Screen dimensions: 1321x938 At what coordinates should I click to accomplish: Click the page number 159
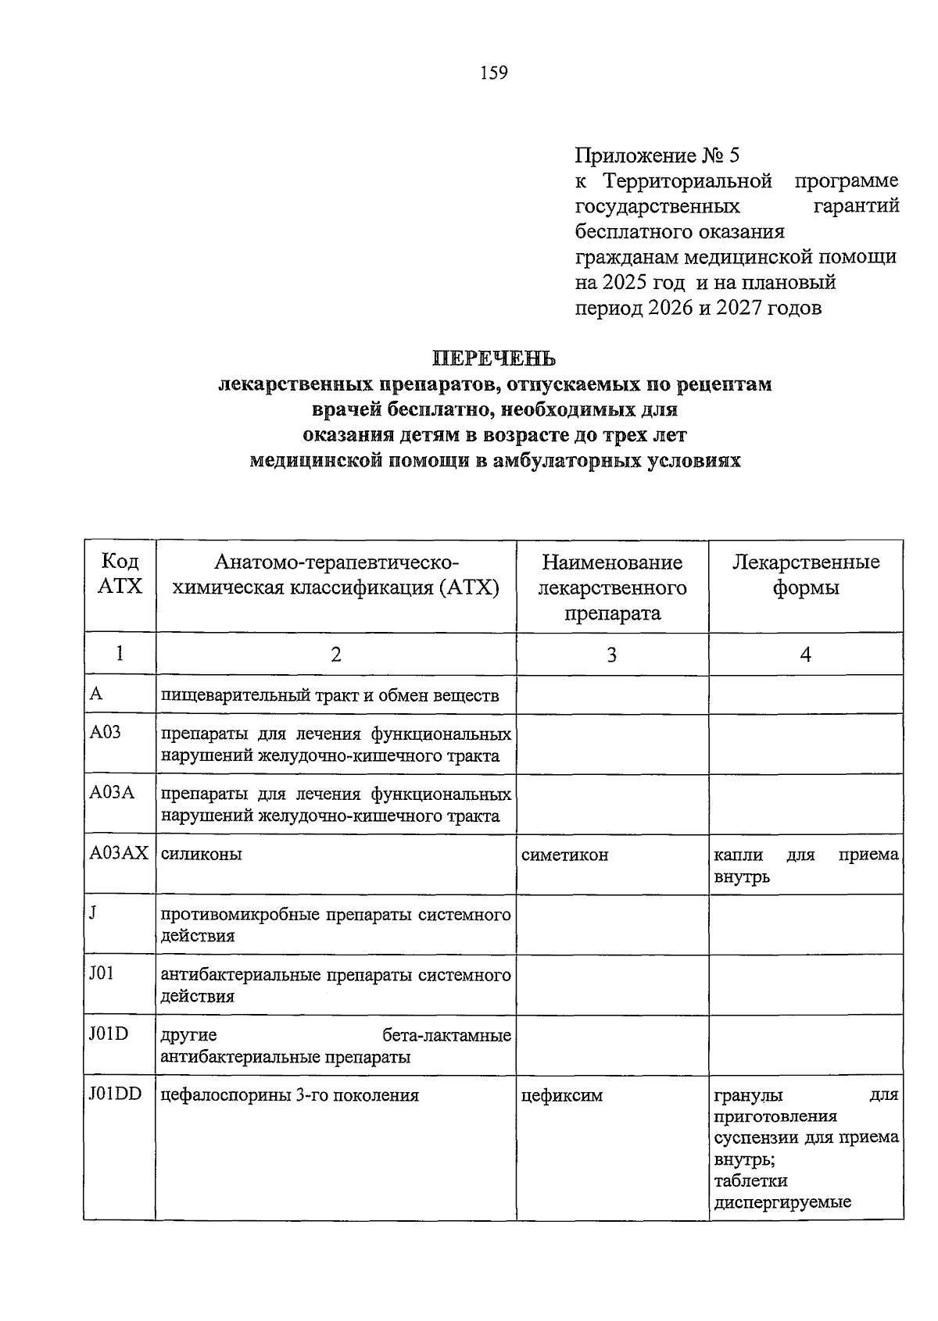493,73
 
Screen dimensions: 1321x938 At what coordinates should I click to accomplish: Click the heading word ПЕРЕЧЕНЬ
494,359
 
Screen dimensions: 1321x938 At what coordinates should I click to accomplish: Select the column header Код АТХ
120,574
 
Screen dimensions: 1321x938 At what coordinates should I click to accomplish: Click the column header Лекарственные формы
805,574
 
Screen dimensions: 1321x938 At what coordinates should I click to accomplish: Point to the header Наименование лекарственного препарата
611,587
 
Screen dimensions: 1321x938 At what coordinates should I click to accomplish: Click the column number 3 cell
611,655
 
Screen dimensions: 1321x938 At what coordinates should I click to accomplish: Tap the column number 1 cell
120,653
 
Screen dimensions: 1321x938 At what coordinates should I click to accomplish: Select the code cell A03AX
118,854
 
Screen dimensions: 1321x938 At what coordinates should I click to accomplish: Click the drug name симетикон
564,855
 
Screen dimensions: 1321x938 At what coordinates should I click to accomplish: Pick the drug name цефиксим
561,1095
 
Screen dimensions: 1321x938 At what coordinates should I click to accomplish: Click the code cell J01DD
115,1094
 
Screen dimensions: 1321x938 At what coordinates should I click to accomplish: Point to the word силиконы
201,854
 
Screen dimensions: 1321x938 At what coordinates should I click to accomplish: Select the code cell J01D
109,1034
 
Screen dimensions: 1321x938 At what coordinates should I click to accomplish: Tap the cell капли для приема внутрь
805,865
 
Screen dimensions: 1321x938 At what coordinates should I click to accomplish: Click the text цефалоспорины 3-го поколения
289,1095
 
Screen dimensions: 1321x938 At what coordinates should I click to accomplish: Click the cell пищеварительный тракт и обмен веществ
329,695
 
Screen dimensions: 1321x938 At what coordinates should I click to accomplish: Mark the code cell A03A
112,793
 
